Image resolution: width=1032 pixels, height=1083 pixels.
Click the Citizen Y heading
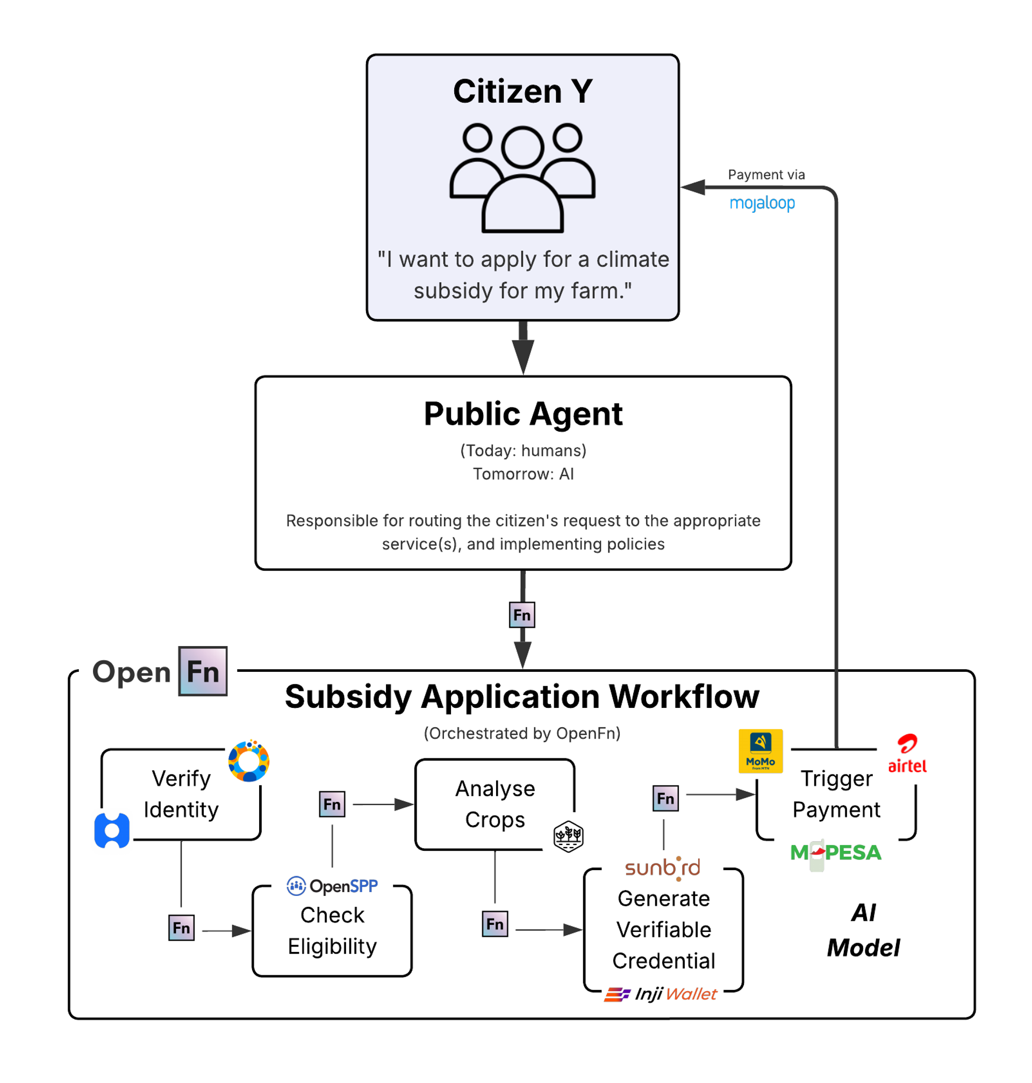[x=522, y=91]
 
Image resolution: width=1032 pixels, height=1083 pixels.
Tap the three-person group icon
[x=522, y=177]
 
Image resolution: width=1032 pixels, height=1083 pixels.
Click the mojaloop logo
[x=762, y=203]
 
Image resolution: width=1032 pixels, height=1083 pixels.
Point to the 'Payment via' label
[x=766, y=174]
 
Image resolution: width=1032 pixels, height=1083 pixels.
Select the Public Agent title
[x=522, y=414]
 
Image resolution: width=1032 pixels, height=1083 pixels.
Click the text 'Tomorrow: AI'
[x=522, y=474]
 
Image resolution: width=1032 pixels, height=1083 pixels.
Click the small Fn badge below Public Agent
[x=521, y=614]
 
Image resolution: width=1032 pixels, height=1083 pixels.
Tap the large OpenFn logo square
[x=203, y=671]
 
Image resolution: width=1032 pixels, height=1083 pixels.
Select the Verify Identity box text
[x=181, y=794]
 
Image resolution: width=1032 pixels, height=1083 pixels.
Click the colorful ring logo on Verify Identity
[x=249, y=761]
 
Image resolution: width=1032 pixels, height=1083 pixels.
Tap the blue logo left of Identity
[x=112, y=830]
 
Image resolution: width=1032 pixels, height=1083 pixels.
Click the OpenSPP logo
[x=332, y=886]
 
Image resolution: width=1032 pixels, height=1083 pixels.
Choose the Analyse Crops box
[x=494, y=804]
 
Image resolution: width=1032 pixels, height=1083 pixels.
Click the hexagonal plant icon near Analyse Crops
[x=568, y=836]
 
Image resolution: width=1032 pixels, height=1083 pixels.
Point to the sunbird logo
[x=662, y=868]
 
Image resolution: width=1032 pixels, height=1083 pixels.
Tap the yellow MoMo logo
[x=760, y=751]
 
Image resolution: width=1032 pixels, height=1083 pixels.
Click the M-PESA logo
[x=835, y=852]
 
